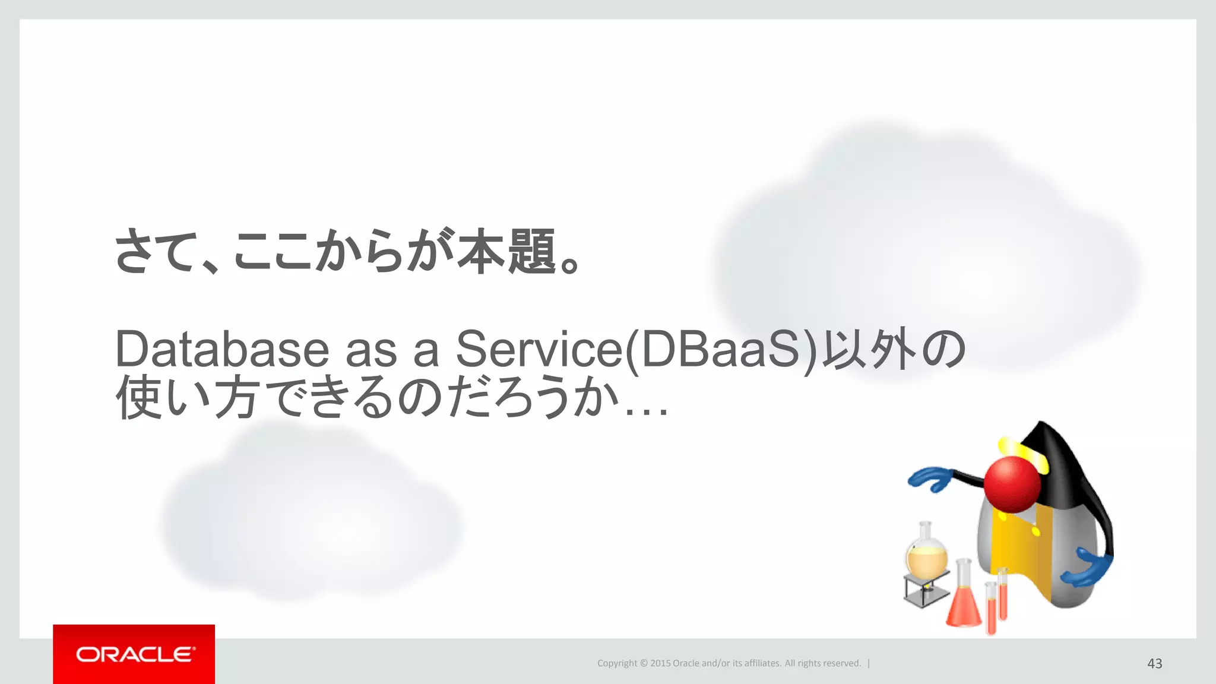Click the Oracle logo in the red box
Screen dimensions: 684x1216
tap(134, 654)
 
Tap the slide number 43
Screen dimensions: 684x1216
tap(1154, 663)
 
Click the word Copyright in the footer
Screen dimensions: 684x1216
tap(617, 663)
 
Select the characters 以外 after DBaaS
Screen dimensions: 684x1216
tap(869, 349)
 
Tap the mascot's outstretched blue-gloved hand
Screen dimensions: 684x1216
tap(930, 479)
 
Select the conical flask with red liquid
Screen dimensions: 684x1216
tap(963, 603)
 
